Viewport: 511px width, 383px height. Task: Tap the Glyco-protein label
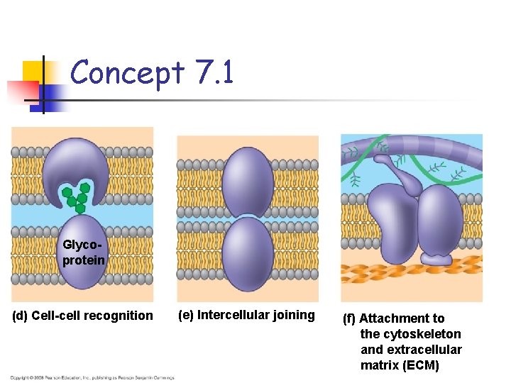[x=83, y=252]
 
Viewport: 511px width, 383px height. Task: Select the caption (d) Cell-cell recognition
[x=82, y=316]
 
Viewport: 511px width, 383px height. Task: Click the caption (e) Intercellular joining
[x=246, y=315]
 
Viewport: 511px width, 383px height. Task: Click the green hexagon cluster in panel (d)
[x=77, y=196]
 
